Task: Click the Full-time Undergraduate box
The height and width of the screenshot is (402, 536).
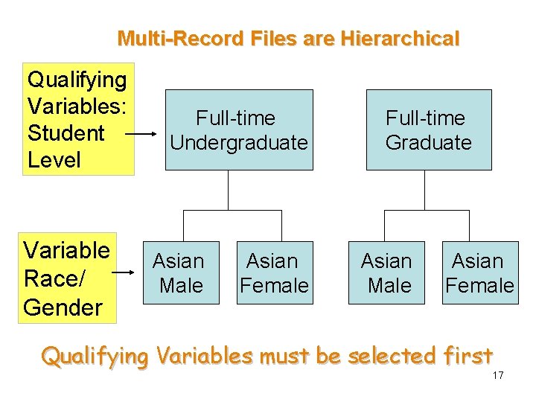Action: [239, 130]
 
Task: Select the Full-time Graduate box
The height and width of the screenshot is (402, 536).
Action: [428, 130]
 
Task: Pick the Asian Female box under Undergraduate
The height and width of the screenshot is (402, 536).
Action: [273, 272]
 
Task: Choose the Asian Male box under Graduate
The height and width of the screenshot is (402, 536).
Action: [386, 272]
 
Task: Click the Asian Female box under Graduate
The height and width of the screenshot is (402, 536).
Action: [479, 272]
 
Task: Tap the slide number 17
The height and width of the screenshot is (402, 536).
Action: [498, 375]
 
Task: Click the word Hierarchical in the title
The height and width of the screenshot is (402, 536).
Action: [400, 39]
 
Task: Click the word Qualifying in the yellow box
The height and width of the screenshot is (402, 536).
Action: [77, 79]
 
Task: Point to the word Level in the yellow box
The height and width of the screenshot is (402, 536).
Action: [54, 159]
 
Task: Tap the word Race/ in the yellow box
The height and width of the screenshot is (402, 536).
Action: [55, 278]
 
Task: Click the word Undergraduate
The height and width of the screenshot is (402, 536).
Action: [239, 142]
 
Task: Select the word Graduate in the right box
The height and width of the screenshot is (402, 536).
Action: [428, 142]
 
